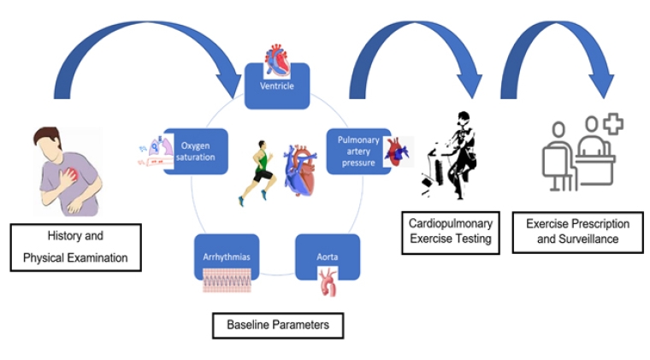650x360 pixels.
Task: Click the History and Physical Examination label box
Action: tap(75, 247)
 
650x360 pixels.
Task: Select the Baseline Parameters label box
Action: tap(277, 325)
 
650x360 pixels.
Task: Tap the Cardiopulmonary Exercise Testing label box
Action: tap(452, 231)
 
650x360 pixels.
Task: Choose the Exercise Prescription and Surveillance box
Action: tap(577, 231)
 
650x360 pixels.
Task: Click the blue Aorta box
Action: tap(327, 256)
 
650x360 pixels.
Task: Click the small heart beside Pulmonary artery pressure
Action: tap(400, 151)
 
